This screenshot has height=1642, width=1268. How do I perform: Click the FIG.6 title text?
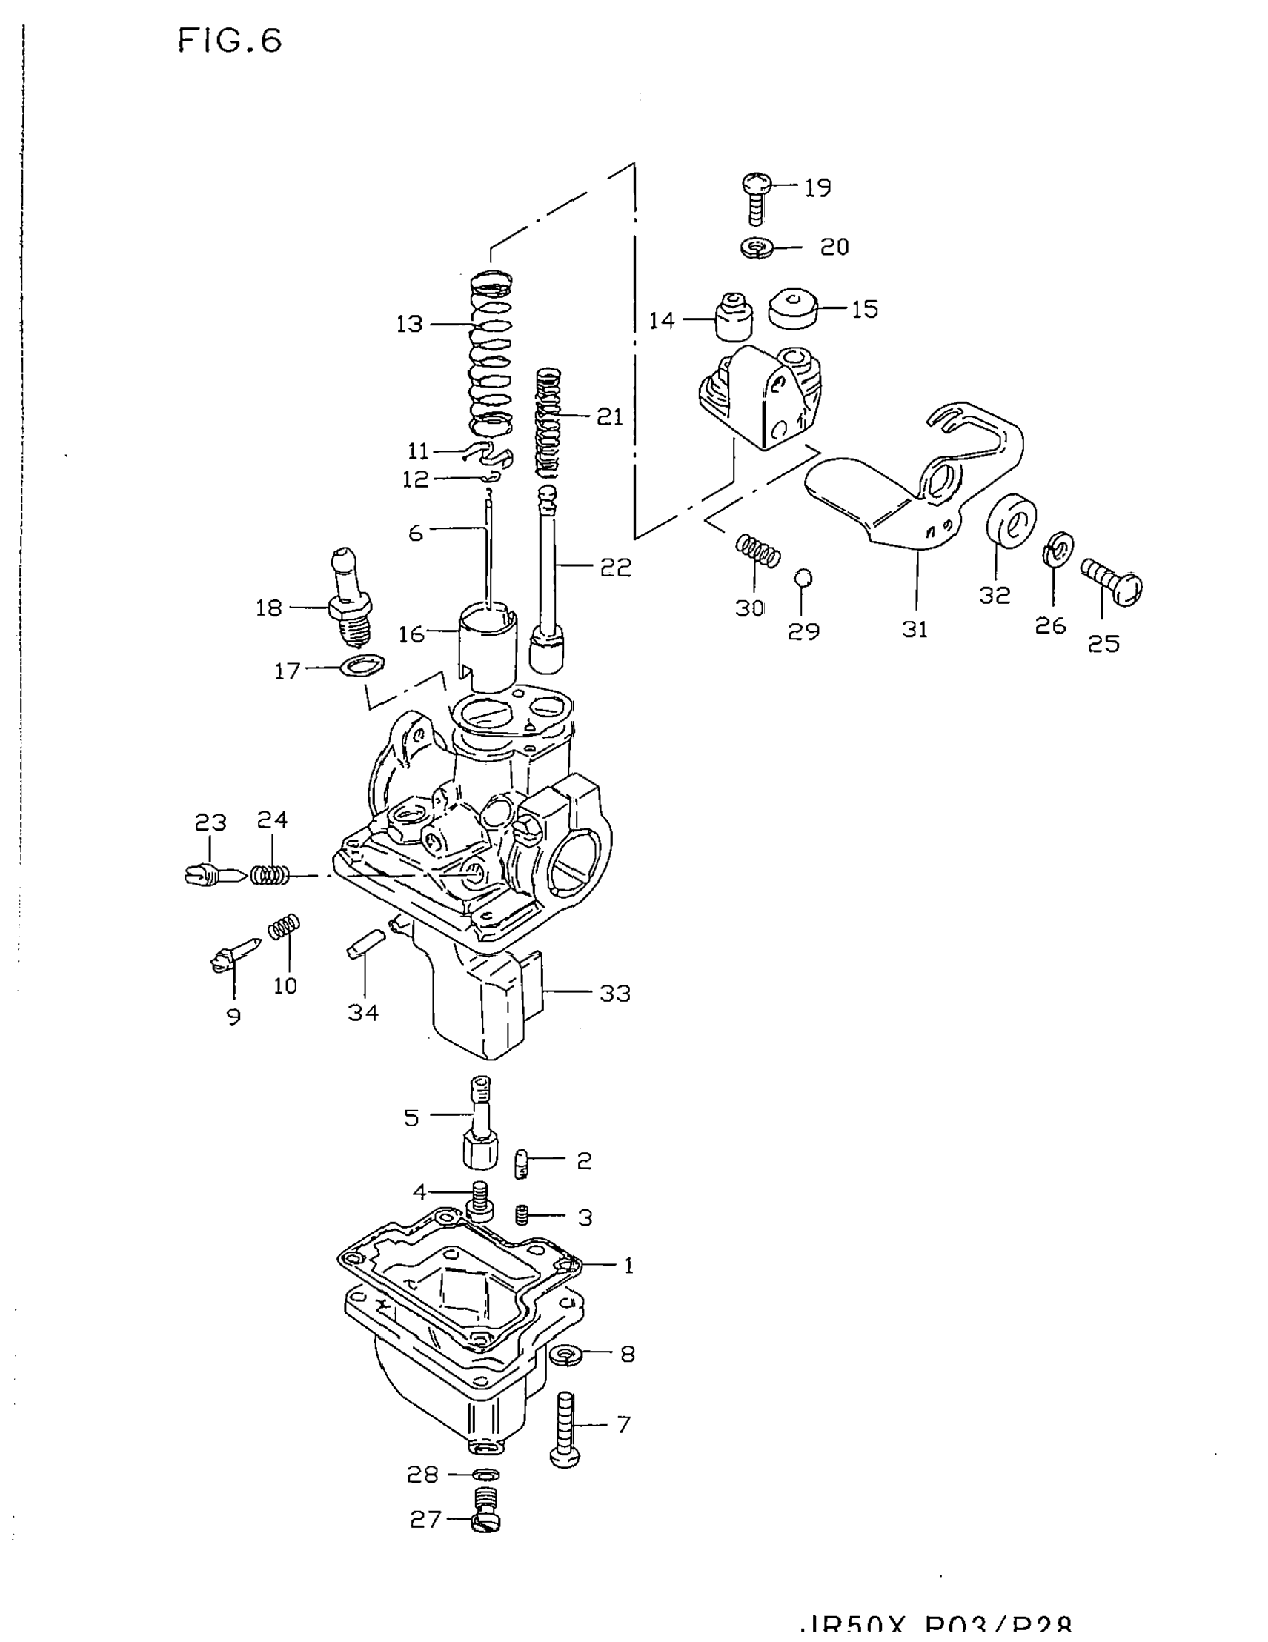coord(230,41)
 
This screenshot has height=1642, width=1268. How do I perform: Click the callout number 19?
coord(817,187)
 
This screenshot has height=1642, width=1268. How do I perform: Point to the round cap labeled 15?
coord(793,308)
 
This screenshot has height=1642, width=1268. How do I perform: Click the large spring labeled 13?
coord(491,353)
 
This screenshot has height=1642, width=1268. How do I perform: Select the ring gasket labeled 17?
coord(362,665)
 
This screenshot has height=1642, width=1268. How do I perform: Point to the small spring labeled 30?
coord(757,551)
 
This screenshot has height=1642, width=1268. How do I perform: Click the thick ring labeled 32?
coord(1011,517)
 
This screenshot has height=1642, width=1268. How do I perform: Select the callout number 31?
coord(915,628)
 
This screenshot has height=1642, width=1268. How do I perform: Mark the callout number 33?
coord(614,993)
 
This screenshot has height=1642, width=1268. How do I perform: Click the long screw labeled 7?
coord(565,1429)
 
